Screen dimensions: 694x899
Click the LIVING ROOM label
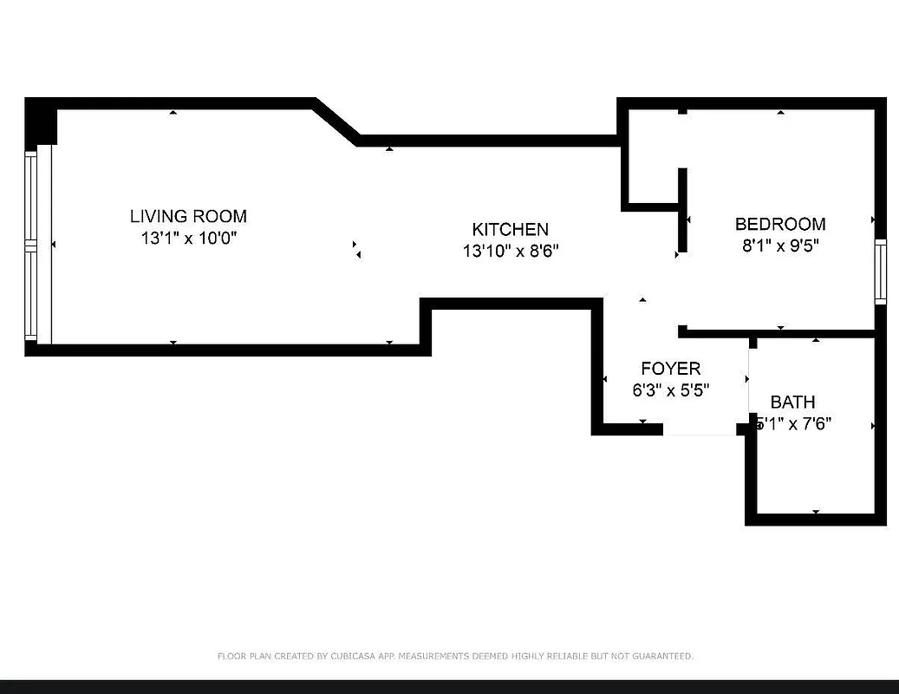(x=188, y=216)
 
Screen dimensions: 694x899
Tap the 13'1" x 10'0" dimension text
(x=188, y=238)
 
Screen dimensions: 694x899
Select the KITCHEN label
(x=510, y=229)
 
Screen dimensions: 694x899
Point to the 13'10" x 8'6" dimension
(x=510, y=251)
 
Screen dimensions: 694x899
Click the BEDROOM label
(x=780, y=224)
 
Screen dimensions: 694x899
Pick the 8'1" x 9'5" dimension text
(x=780, y=246)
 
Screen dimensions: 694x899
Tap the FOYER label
(x=670, y=369)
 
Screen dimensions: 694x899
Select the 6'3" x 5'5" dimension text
(x=670, y=390)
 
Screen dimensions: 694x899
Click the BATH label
(x=792, y=402)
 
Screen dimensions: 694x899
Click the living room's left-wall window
(x=32, y=246)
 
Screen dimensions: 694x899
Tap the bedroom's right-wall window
(x=881, y=272)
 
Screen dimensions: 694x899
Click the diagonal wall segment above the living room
(x=336, y=121)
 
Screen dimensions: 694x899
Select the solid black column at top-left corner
(x=40, y=121)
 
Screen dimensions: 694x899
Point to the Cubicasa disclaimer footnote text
(x=455, y=657)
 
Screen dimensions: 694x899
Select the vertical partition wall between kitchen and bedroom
(x=682, y=209)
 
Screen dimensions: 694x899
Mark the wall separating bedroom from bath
(x=780, y=333)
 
